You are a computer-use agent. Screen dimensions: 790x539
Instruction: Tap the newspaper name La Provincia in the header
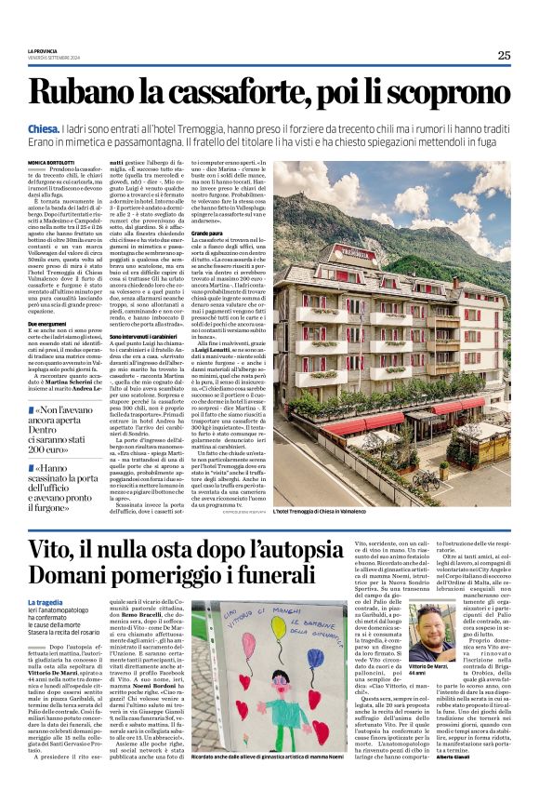coord(44,51)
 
